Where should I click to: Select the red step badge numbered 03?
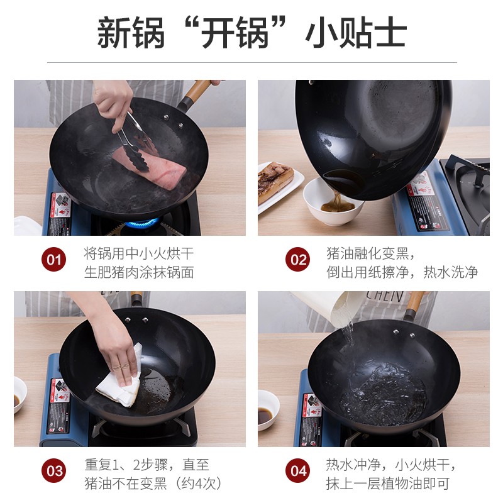tap(54, 471)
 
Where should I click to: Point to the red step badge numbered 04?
tap(297, 471)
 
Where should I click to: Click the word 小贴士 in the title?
tap(356, 33)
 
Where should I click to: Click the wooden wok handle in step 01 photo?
tap(198, 91)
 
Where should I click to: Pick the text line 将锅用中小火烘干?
tap(139, 253)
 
